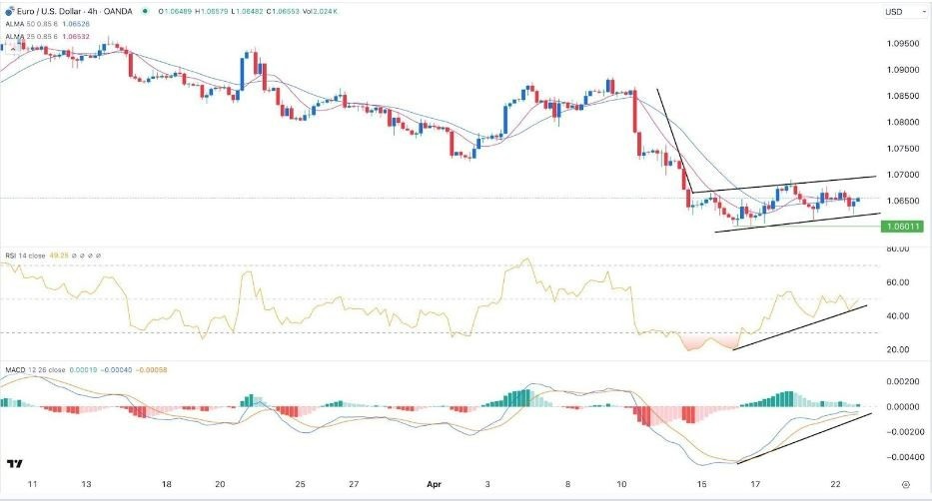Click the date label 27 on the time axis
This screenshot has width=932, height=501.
point(354,482)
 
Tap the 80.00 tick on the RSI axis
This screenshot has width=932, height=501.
point(897,250)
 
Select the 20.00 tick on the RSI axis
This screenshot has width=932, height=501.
point(897,349)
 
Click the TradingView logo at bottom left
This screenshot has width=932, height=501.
point(15,465)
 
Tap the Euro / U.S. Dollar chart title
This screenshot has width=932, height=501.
point(51,12)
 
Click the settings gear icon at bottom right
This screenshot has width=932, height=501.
point(904,483)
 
